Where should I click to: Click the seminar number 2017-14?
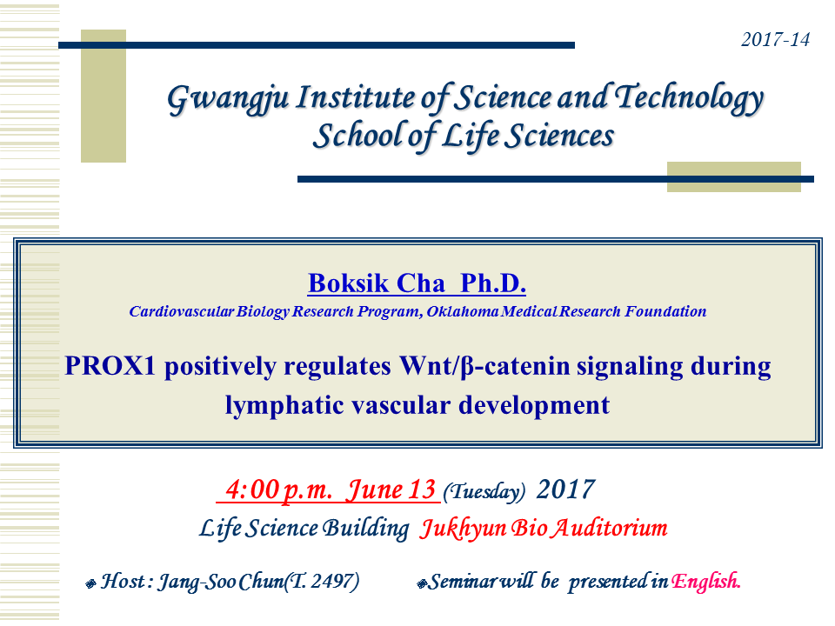click(x=775, y=39)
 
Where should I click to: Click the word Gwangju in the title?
click(x=229, y=99)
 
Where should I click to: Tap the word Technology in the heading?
click(x=689, y=98)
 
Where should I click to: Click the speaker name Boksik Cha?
click(x=377, y=283)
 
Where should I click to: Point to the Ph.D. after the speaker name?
click(x=493, y=283)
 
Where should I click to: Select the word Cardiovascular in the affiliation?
click(x=182, y=311)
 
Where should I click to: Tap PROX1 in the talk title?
click(x=110, y=366)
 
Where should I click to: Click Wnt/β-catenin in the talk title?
click(x=484, y=366)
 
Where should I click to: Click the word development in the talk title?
click(x=534, y=406)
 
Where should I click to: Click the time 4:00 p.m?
click(x=278, y=489)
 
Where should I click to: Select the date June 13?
click(x=391, y=489)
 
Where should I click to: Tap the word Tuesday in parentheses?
click(x=484, y=491)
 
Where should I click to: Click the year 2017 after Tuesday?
click(x=565, y=489)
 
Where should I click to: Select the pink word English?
click(x=705, y=582)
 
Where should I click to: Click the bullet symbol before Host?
click(x=90, y=584)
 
